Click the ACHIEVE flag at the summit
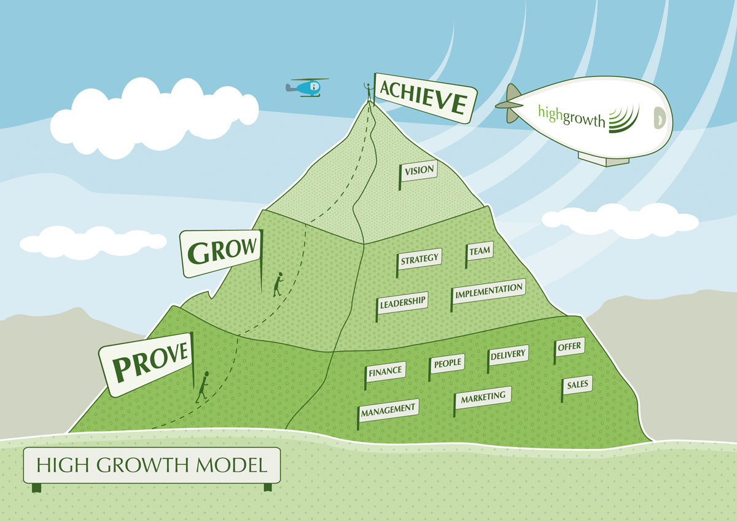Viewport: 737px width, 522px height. [x=424, y=98]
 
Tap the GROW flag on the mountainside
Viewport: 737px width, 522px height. [x=222, y=251]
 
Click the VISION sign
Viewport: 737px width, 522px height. [x=419, y=170]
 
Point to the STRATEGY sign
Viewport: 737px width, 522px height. [x=420, y=259]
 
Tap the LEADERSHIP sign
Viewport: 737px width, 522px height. [x=402, y=303]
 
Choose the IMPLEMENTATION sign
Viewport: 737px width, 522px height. [x=489, y=291]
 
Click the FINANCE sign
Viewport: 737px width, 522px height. [x=385, y=371]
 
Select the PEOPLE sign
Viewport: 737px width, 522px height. [x=447, y=363]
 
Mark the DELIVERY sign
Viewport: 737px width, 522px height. [x=508, y=355]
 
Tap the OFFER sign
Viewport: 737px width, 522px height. [x=569, y=347]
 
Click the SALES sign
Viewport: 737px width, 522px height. [x=577, y=386]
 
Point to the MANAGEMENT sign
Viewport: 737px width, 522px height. [x=388, y=409]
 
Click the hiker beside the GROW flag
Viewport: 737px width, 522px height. [x=278, y=284]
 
